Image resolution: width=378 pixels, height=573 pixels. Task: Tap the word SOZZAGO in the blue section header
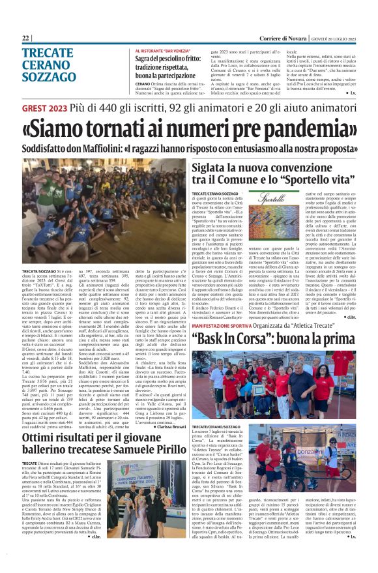[x=50, y=75]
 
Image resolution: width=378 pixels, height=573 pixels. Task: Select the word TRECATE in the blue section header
[x=48, y=53]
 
